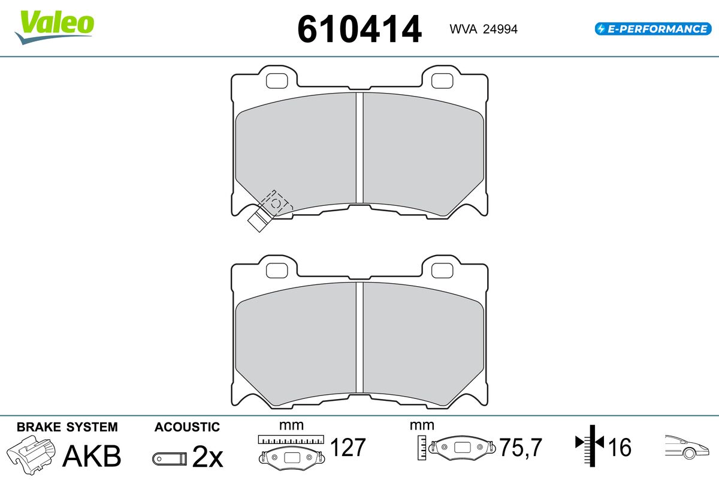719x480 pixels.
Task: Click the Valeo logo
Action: click(x=55, y=28)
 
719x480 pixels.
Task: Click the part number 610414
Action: click(x=359, y=29)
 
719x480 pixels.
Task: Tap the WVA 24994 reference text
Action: click(x=484, y=29)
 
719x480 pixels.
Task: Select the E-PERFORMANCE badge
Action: click(x=653, y=29)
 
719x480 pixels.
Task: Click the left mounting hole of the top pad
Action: click(x=277, y=80)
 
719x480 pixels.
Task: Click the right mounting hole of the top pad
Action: click(x=442, y=80)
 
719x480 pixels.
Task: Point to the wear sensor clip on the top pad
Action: click(x=270, y=211)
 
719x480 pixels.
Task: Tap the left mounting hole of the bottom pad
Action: click(x=277, y=271)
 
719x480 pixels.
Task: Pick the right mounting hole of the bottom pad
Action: click(x=442, y=271)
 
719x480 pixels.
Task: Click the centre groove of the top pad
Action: click(x=359, y=148)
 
